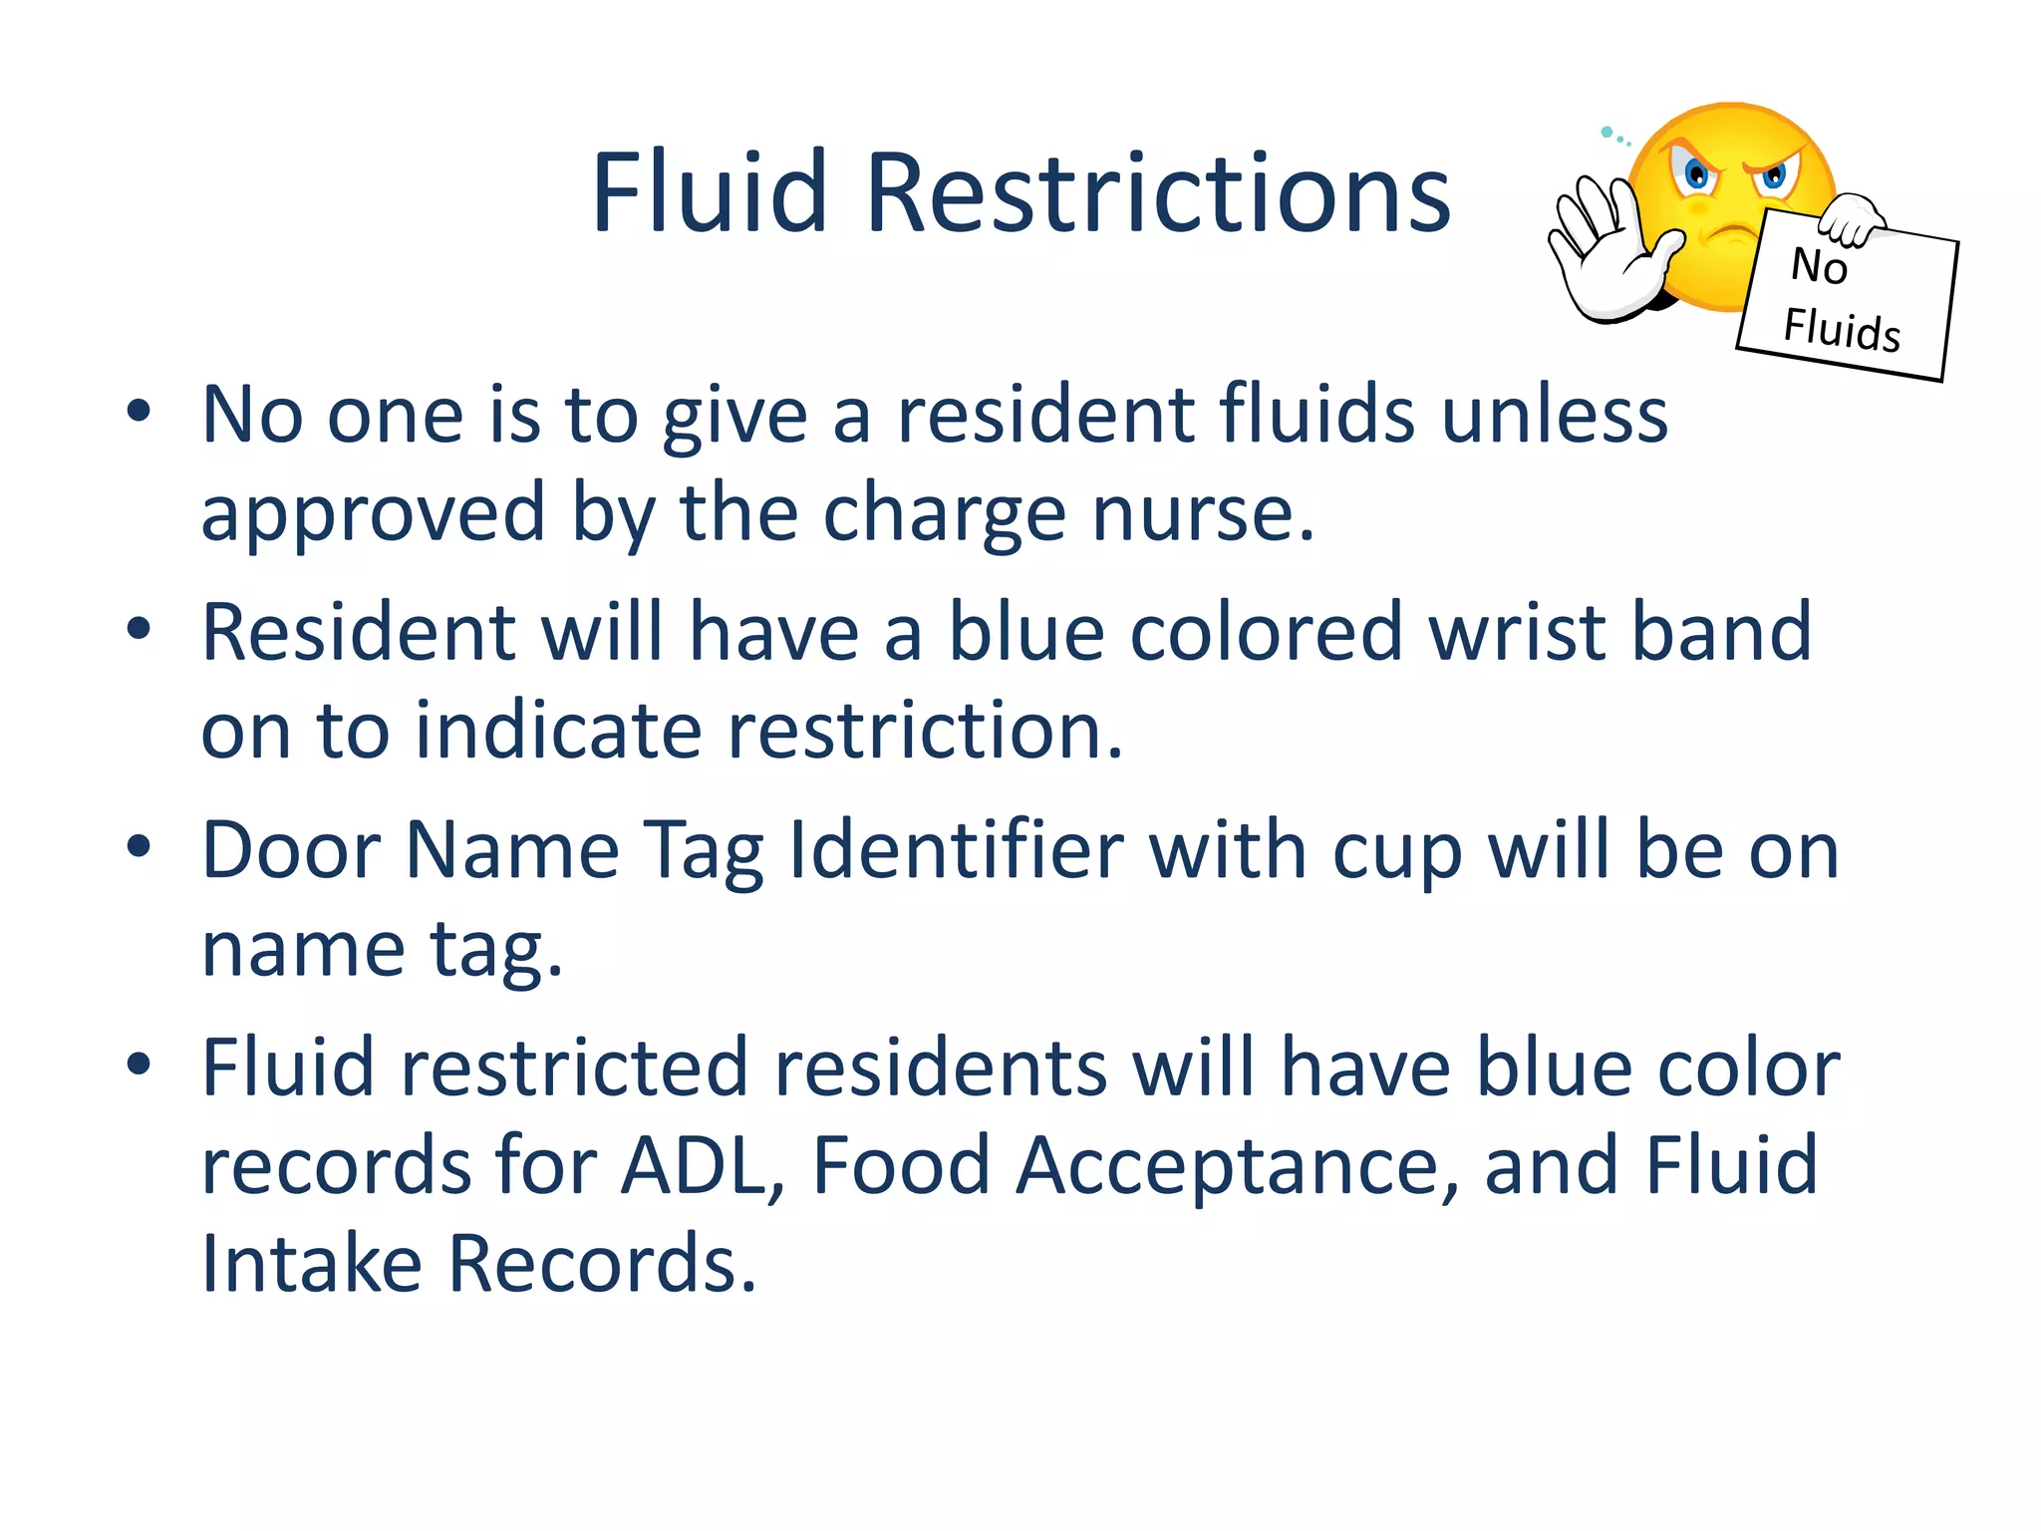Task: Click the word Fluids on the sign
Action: click(x=1842, y=329)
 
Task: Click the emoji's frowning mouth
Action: click(x=1732, y=235)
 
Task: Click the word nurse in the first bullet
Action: click(x=1204, y=513)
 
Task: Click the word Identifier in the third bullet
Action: click(x=956, y=851)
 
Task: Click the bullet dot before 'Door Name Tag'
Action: click(x=139, y=847)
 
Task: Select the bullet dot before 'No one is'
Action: click(x=139, y=411)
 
